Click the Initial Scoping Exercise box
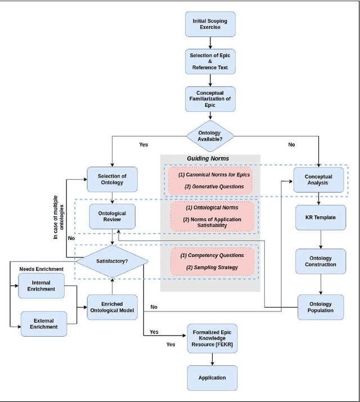point(210,24)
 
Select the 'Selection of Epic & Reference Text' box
point(210,60)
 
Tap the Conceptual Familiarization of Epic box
point(210,98)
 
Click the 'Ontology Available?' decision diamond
point(210,135)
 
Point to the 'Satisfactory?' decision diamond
point(112,260)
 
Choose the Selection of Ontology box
point(112,179)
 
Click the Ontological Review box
point(112,217)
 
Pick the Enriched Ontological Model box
point(112,307)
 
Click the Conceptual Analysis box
point(318,179)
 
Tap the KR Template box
point(318,217)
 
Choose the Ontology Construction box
point(318,260)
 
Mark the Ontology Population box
point(318,307)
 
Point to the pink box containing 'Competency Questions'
point(212,261)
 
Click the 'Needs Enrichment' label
point(40,269)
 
